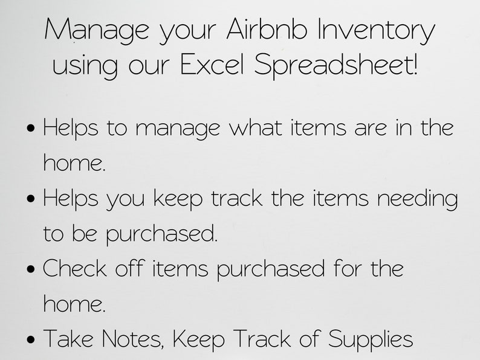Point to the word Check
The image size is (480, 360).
coord(73,268)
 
